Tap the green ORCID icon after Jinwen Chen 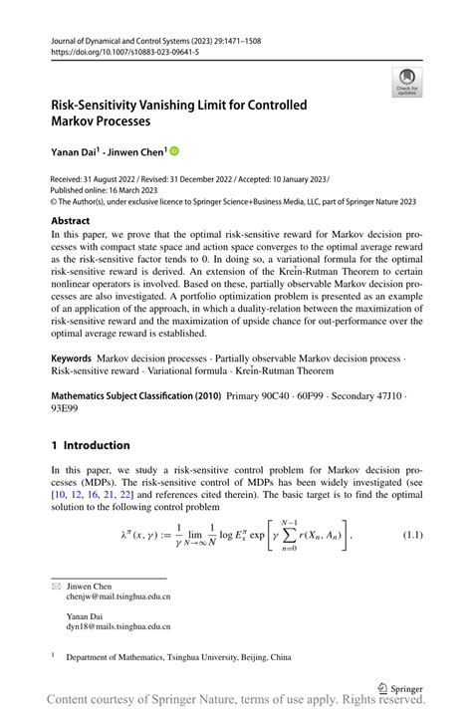tap(174, 151)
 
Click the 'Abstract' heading tap(71, 221)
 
